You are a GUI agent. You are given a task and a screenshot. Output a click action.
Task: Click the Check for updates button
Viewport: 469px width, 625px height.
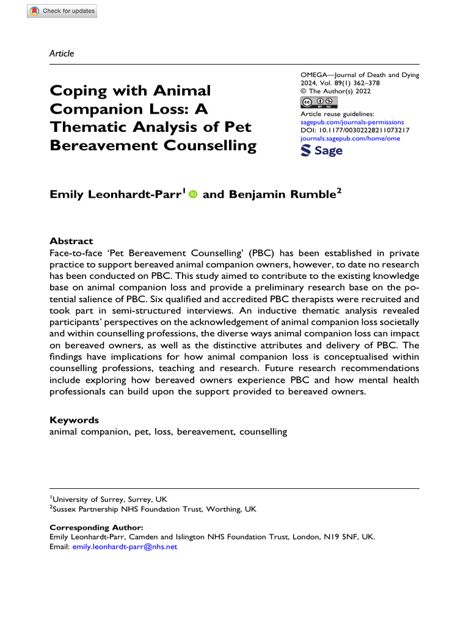[62, 11]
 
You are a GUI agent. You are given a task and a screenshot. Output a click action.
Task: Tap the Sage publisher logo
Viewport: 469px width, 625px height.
[322, 151]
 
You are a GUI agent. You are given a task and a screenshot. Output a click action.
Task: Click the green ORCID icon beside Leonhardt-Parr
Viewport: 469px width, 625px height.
[194, 194]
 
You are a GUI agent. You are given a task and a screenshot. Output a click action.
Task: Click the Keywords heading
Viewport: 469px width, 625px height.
[73, 420]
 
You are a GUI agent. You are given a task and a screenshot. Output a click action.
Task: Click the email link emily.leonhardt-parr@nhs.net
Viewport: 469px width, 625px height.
[125, 547]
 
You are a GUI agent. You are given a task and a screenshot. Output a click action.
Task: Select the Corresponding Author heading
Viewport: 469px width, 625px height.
[95, 527]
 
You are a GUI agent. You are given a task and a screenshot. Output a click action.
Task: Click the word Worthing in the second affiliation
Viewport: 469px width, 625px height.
[224, 508]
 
